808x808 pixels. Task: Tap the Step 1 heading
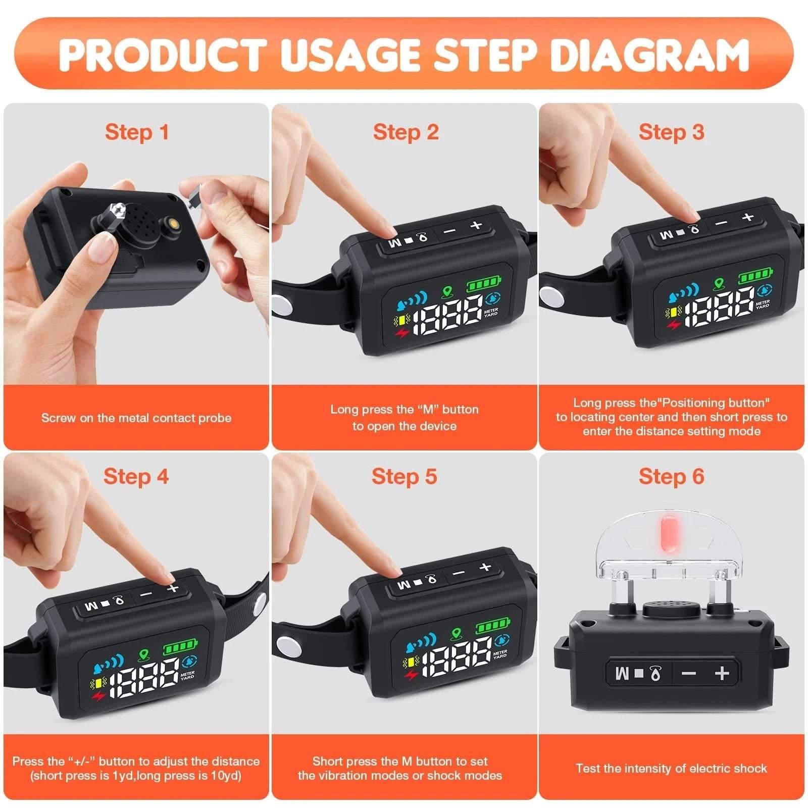(x=136, y=132)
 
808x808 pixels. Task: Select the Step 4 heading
(x=136, y=476)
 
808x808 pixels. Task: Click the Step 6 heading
(x=671, y=476)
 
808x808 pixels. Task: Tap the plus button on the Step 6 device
(x=722, y=673)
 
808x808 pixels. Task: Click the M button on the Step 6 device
(x=623, y=673)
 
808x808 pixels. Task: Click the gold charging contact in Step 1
(x=174, y=222)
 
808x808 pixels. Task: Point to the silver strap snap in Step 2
(x=281, y=306)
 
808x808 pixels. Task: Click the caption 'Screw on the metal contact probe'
(x=136, y=418)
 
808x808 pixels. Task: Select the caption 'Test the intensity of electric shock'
(x=671, y=769)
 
